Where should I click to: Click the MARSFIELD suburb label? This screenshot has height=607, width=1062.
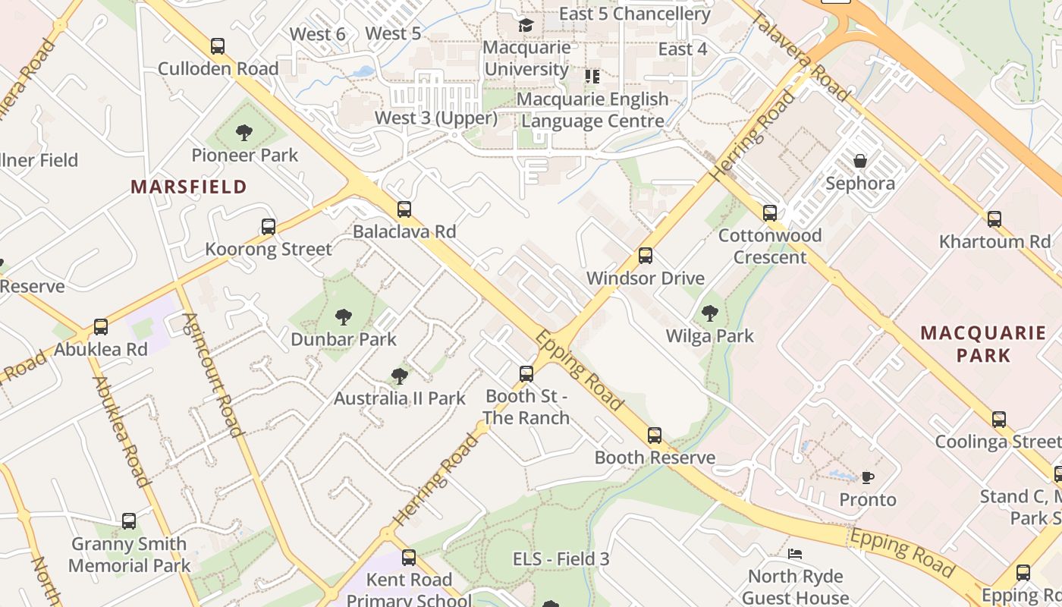click(189, 187)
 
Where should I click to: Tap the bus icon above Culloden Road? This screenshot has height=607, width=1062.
click(218, 46)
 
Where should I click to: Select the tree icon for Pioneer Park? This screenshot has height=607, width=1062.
click(244, 134)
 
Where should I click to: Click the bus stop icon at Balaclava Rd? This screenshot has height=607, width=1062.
click(404, 209)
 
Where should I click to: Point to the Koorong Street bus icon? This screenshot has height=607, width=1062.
click(269, 227)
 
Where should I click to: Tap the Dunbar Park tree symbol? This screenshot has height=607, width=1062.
click(344, 316)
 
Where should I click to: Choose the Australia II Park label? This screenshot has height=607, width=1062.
click(400, 398)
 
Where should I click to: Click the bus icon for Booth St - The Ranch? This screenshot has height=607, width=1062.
click(526, 374)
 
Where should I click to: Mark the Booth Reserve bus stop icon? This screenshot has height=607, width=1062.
click(655, 436)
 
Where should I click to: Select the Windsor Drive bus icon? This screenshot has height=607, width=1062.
click(646, 256)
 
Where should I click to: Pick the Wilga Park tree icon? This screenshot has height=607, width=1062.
click(710, 313)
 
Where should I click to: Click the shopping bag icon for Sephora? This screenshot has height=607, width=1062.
click(860, 161)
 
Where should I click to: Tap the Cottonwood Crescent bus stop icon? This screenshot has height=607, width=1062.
click(770, 213)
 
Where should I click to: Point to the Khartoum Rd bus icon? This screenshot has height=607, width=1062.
click(994, 219)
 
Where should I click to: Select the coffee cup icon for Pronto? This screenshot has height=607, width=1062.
click(868, 477)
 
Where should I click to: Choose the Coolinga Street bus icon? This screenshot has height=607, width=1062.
click(999, 420)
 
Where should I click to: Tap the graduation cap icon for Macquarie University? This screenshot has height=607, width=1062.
click(526, 26)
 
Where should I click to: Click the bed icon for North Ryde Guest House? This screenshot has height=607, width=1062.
click(795, 554)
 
